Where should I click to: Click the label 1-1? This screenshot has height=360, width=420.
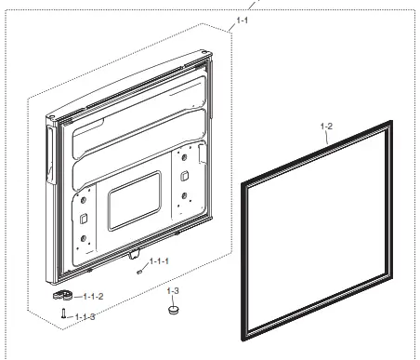click(x=243, y=20)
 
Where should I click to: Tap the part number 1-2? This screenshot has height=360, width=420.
click(x=326, y=127)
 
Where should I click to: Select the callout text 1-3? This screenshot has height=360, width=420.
click(x=173, y=291)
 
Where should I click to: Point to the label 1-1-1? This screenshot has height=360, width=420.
click(x=159, y=261)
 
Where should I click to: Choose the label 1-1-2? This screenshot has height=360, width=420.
click(x=93, y=297)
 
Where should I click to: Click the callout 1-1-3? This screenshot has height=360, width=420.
click(x=85, y=317)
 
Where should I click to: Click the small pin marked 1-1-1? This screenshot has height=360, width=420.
click(x=139, y=272)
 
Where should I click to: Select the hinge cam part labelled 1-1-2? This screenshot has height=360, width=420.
click(x=62, y=295)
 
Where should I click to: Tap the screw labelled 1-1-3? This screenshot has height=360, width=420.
click(x=63, y=313)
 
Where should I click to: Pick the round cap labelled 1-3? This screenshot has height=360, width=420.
click(x=174, y=310)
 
